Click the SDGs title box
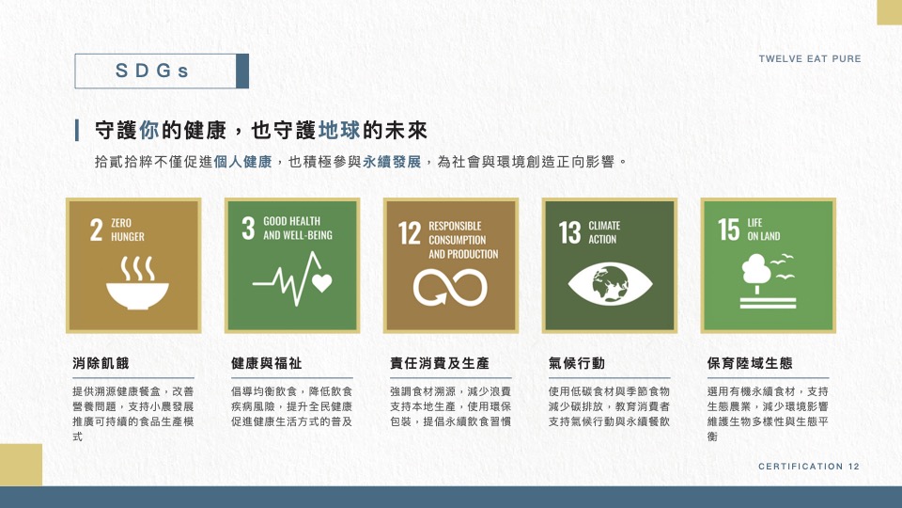(162, 71)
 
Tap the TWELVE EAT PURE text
(809, 58)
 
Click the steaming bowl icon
(137, 283)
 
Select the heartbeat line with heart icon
(292, 278)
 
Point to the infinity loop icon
(450, 288)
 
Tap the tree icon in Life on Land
(755, 272)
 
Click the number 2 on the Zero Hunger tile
(96, 230)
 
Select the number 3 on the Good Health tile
(248, 228)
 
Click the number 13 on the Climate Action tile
(569, 232)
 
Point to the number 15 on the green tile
(728, 230)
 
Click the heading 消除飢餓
(101, 363)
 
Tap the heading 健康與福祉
(266, 363)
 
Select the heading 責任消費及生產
(440, 363)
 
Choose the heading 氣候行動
(576, 363)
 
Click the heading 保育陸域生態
(750, 363)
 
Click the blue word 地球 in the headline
(339, 130)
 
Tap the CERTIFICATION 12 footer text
(809, 466)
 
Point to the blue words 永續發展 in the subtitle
(392, 162)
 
